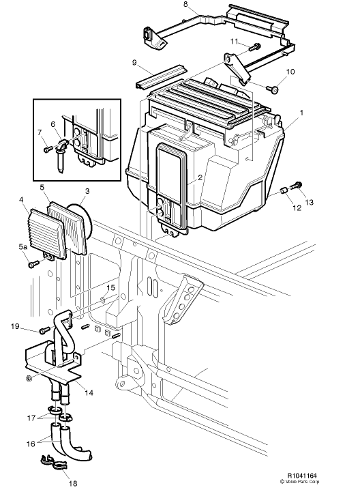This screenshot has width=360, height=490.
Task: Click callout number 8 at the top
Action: [185, 5]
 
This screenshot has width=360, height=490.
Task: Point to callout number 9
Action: [135, 62]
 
